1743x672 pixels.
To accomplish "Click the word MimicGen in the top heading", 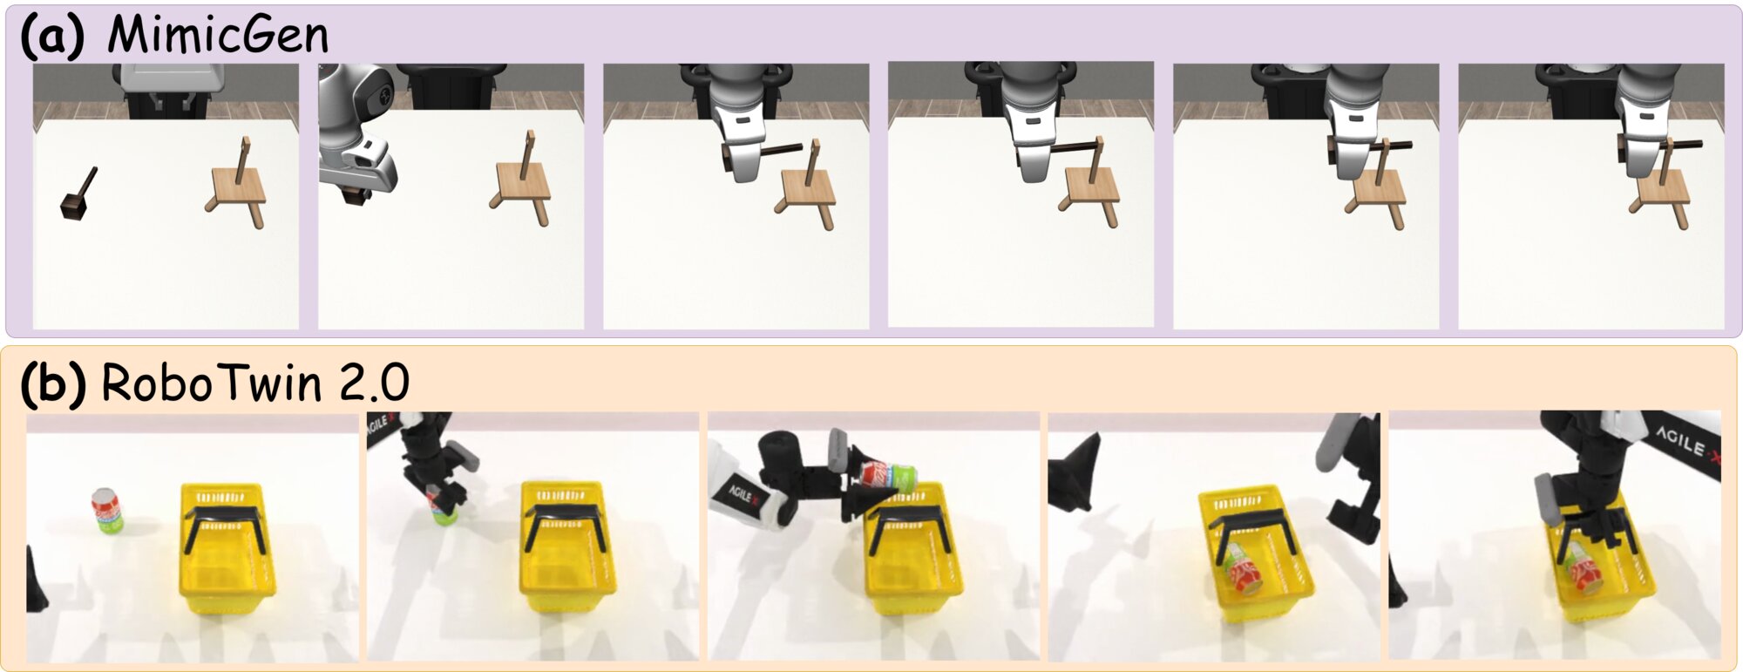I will (x=218, y=36).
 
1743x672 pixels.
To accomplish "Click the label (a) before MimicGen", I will (x=52, y=36).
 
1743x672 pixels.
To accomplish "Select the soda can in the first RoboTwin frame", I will (x=107, y=510).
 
